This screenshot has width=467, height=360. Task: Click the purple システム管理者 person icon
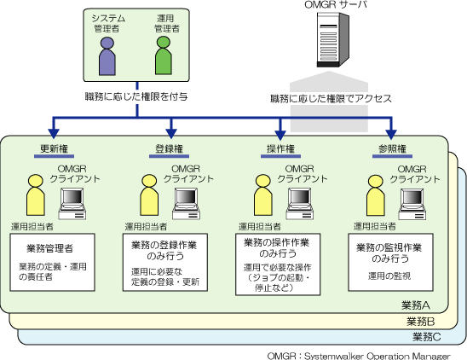107,56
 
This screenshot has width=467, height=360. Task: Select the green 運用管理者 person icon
164,55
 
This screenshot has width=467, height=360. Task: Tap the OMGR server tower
332,40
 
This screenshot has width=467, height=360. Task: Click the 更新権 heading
54,148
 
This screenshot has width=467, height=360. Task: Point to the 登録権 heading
169,148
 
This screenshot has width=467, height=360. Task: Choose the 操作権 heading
280,148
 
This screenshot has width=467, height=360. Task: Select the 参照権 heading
393,148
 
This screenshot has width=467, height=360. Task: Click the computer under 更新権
72,204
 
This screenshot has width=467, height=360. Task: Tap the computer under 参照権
412,204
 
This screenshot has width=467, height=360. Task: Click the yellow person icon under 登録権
149,195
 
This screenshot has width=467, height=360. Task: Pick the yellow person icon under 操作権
263,195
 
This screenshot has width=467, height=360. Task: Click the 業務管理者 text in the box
49,248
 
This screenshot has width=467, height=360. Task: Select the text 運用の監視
389,276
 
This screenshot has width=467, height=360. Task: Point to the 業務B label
420,322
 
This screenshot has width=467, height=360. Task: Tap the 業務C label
426,337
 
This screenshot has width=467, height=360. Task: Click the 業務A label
416,305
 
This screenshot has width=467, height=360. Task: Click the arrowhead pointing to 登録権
171,133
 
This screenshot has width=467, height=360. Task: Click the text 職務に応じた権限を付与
136,96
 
